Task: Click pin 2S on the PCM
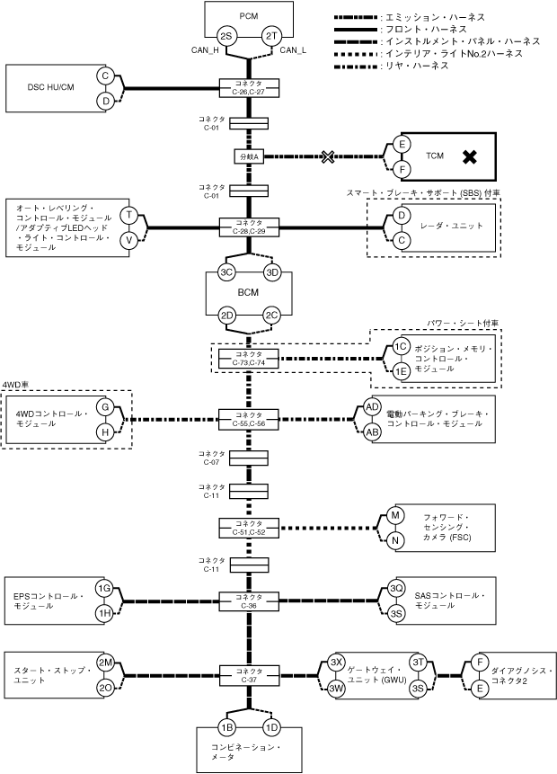pyautogui.click(x=226, y=35)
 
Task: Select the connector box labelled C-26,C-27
pyautogui.click(x=249, y=87)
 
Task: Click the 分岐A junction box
pyautogui.click(x=249, y=156)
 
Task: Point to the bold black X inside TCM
pyautogui.click(x=468, y=156)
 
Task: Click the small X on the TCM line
pyautogui.click(x=328, y=156)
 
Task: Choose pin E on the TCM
pyautogui.click(x=402, y=144)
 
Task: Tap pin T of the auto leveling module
pyautogui.click(x=129, y=216)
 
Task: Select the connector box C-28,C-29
pyautogui.click(x=249, y=227)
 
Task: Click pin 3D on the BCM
pyautogui.click(x=272, y=271)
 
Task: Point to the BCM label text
pyautogui.click(x=249, y=293)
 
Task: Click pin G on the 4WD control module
pyautogui.click(x=105, y=407)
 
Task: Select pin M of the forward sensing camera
pyautogui.click(x=394, y=515)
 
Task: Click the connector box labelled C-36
pyautogui.click(x=249, y=601)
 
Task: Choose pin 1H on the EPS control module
pyautogui.click(x=105, y=613)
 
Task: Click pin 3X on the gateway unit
pyautogui.click(x=337, y=661)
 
